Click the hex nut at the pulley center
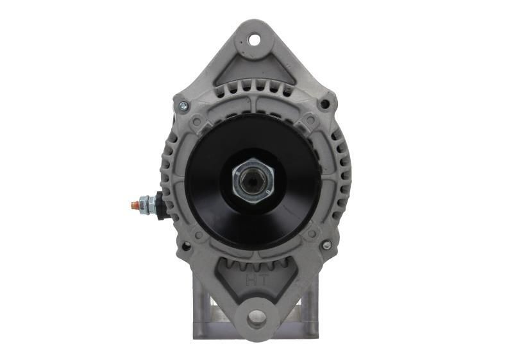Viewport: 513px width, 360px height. tap(254, 180)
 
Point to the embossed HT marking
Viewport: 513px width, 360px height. tap(255, 279)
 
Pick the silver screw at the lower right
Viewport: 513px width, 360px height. tap(326, 245)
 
